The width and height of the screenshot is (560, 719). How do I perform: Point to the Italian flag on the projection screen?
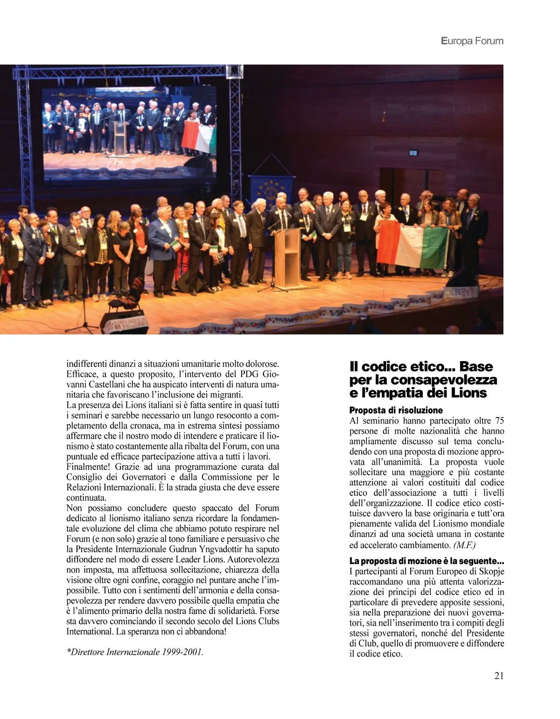click(x=199, y=136)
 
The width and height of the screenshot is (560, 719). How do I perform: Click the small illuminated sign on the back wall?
click(x=413, y=153)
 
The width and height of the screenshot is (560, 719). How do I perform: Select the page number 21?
click(x=499, y=676)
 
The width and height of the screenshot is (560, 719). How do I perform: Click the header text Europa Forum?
click(x=472, y=41)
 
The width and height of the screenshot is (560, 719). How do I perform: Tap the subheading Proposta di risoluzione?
click(x=396, y=410)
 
